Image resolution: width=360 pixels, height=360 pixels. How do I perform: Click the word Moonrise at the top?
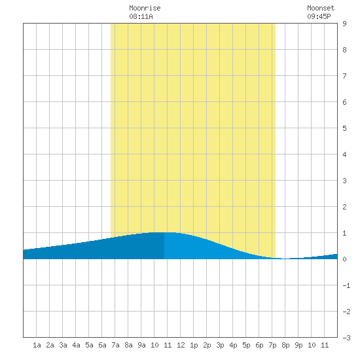[x=145, y=8]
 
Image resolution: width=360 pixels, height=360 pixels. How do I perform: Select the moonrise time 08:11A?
[x=141, y=16]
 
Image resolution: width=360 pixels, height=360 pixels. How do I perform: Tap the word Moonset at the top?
[x=321, y=8]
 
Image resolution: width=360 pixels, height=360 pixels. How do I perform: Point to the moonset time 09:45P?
[x=319, y=16]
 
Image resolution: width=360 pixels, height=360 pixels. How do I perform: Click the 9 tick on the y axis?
[x=344, y=24]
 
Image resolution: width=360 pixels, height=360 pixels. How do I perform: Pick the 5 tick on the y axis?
[x=344, y=128]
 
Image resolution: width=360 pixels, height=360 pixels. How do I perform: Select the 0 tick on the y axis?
[x=344, y=259]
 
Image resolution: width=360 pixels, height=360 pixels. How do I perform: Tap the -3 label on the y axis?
[x=346, y=338]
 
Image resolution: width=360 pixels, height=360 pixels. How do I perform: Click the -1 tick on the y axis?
[x=346, y=285]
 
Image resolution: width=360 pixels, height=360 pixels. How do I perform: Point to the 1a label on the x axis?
[x=37, y=345]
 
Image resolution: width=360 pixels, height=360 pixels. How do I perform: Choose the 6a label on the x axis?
[x=102, y=345]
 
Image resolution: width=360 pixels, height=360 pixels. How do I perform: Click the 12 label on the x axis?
[x=181, y=345]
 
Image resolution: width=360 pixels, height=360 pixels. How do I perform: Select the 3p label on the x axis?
[x=220, y=345]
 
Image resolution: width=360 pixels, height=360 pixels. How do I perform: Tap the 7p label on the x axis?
[x=272, y=345]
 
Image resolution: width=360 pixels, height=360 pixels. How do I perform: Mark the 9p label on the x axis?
[x=298, y=345]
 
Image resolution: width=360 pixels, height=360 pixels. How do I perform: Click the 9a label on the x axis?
[x=141, y=345]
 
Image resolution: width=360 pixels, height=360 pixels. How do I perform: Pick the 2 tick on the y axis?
[x=344, y=207]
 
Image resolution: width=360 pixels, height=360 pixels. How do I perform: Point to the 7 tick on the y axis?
[x=344, y=76]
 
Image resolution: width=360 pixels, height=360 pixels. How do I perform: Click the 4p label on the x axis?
[x=233, y=345]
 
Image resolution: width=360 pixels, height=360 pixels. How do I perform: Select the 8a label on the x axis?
[x=128, y=345]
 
